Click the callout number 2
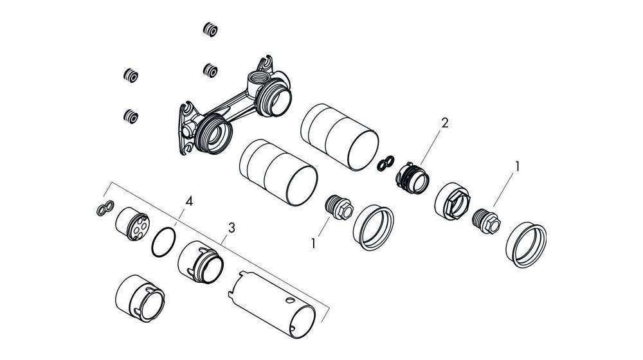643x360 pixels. (443, 123)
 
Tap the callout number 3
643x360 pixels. (231, 228)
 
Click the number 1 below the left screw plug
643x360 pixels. (314, 244)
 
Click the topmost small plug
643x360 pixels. (209, 29)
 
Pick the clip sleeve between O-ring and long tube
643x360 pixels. (201, 263)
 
